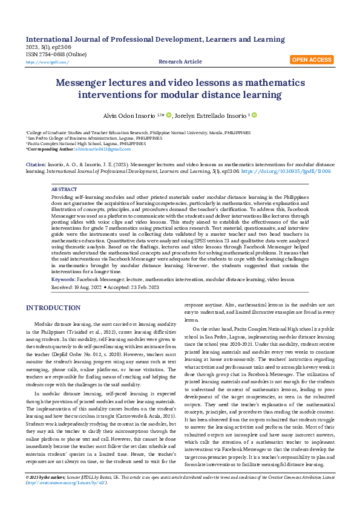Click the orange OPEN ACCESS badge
pos(312,60)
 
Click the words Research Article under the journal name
pos(180,62)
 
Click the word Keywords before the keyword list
pos(63,279)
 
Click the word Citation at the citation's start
pos(35,164)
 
